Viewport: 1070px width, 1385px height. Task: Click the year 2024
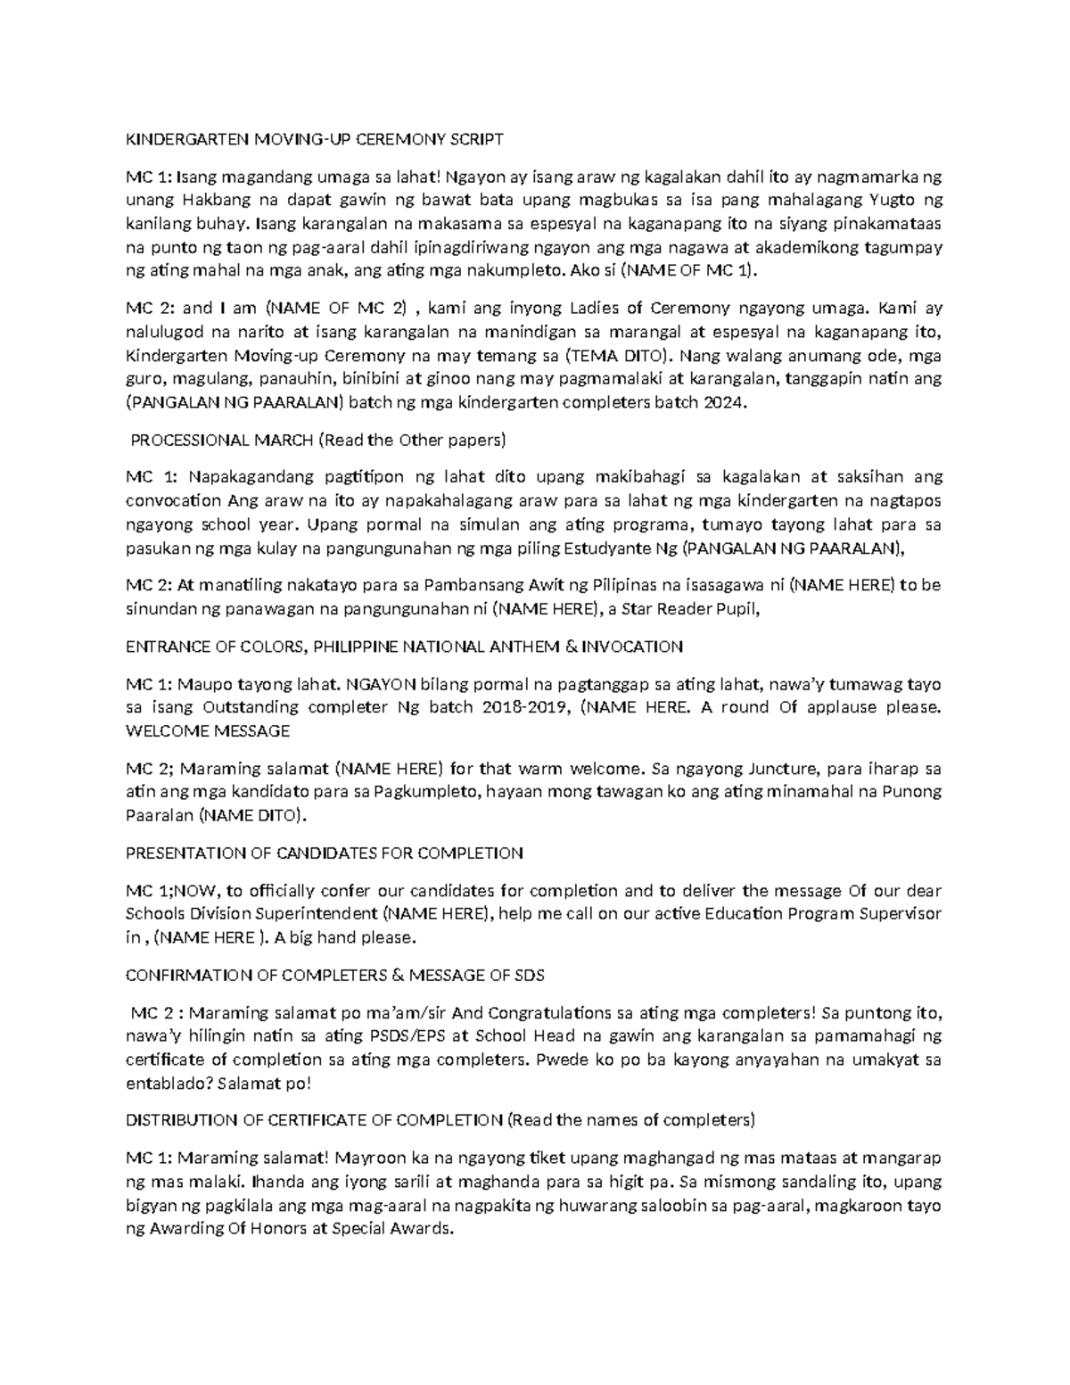click(x=720, y=402)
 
